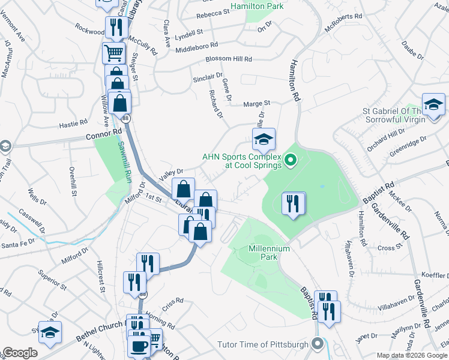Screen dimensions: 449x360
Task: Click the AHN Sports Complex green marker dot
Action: click(x=291, y=160)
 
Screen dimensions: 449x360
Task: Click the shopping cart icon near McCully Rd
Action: click(x=113, y=53)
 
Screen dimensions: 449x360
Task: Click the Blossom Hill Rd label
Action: click(x=229, y=59)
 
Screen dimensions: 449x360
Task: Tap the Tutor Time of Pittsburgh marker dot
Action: click(x=318, y=344)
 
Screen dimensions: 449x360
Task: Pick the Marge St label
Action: click(x=257, y=103)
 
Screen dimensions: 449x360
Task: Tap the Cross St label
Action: click(x=390, y=247)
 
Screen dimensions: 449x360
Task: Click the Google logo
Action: click(x=20, y=353)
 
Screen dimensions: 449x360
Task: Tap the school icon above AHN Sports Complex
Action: click(x=263, y=139)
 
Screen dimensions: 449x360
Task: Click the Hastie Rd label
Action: click(x=73, y=124)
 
